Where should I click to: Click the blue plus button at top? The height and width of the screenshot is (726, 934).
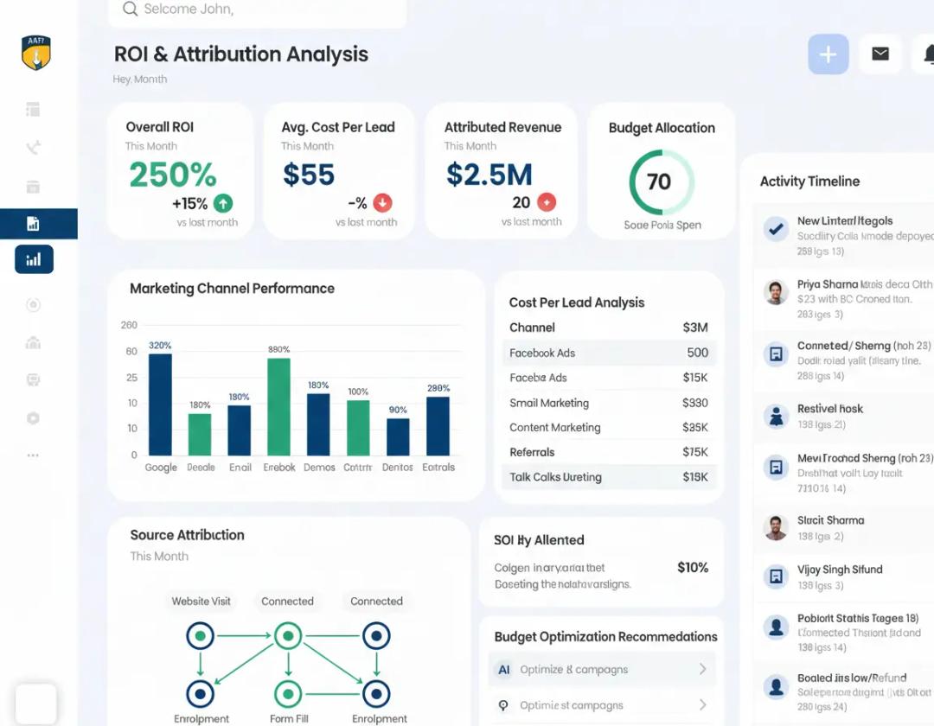click(x=828, y=54)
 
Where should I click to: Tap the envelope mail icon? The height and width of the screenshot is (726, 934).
click(x=880, y=54)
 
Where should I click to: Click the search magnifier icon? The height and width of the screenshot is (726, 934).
click(x=131, y=10)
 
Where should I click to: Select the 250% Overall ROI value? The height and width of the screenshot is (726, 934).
click(x=173, y=175)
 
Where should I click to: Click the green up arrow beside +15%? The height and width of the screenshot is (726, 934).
click(x=223, y=204)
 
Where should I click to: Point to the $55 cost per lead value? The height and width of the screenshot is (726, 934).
click(x=309, y=175)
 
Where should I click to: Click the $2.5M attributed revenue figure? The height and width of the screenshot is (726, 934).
click(x=489, y=175)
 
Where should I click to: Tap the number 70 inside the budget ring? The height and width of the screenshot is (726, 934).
click(x=659, y=181)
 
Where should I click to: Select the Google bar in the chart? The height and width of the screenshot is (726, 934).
click(x=160, y=404)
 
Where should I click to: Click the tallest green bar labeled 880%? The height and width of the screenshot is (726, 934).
click(x=278, y=406)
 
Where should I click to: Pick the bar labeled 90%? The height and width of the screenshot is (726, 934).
click(x=398, y=436)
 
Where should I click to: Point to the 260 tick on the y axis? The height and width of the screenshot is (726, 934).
click(x=129, y=326)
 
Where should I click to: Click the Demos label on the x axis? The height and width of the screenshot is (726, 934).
click(x=319, y=468)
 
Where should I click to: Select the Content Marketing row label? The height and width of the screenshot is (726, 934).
click(x=554, y=428)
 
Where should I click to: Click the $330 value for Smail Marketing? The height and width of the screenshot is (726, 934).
click(x=694, y=403)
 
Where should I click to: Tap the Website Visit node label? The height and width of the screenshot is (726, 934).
click(x=201, y=602)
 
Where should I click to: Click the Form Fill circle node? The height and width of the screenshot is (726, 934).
click(x=287, y=693)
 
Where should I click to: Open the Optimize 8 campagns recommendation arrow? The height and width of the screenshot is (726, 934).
click(x=702, y=670)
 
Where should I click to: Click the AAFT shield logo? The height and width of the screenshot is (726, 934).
click(x=36, y=54)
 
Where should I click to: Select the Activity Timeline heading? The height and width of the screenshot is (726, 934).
click(x=809, y=181)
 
